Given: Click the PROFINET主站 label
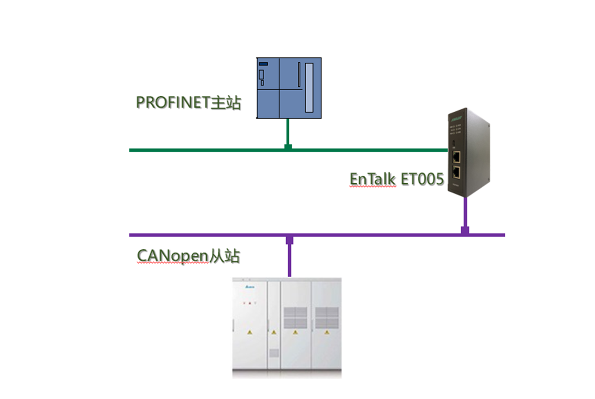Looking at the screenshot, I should coord(188,102).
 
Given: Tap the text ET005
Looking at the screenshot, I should coord(423,179).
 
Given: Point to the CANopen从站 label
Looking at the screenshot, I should coord(188,256).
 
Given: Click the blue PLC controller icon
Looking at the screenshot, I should coord(288,87).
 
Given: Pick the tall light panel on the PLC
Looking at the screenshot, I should coord(309,87).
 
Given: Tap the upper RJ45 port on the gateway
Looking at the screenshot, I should coord(456,155).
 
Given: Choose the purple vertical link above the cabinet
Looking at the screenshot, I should coord(289,258).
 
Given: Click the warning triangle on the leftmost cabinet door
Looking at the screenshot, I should coord(249,333).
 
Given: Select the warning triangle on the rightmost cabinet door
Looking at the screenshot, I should coord(326,333).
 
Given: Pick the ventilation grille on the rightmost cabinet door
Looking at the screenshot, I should coord(326,317).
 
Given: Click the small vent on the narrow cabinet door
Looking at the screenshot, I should coord(274,353).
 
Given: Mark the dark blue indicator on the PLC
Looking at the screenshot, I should coord(263,64).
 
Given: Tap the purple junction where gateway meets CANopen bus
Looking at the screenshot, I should coord(465,231).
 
